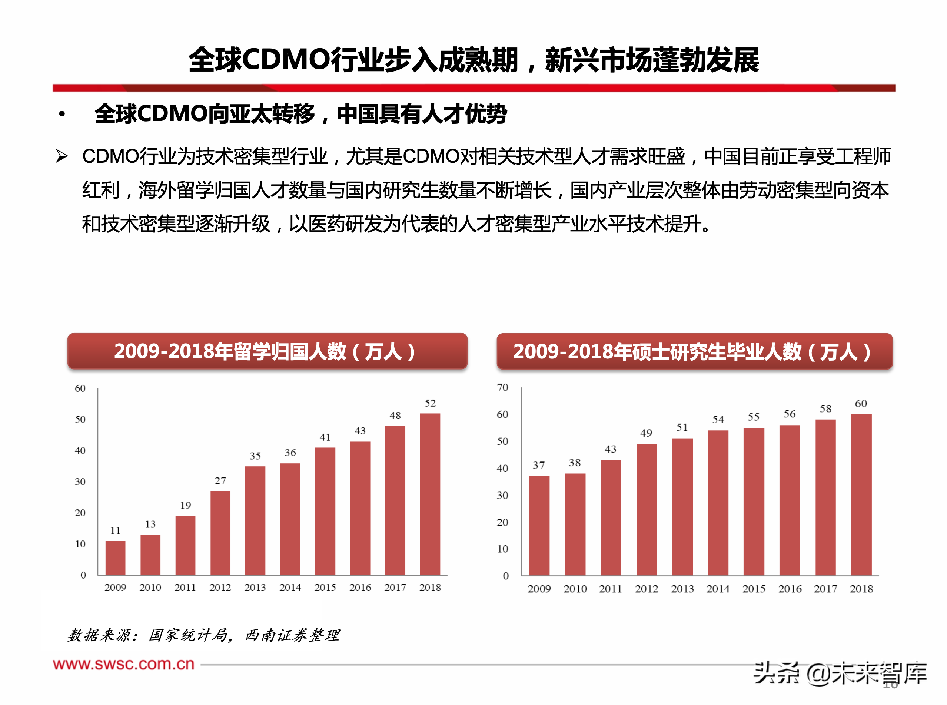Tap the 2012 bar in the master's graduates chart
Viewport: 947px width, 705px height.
[x=646, y=510]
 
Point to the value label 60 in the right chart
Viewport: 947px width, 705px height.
[x=861, y=403]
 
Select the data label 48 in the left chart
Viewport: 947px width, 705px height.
[x=395, y=415]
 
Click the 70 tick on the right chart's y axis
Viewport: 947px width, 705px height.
[x=502, y=387]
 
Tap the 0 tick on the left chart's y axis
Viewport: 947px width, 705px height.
[x=83, y=575]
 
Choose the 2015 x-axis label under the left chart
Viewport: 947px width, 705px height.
[x=325, y=587]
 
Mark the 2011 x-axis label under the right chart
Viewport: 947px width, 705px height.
[x=611, y=589]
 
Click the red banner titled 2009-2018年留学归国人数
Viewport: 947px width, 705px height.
[x=267, y=351]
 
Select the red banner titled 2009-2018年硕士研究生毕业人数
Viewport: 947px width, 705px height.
[x=694, y=351]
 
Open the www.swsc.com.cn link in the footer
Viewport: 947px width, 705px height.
[x=123, y=664]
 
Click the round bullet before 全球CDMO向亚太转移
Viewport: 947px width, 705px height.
[x=62, y=114]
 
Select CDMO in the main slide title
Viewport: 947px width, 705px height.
[x=286, y=59]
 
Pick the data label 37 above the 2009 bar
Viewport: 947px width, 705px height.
[x=539, y=465]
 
